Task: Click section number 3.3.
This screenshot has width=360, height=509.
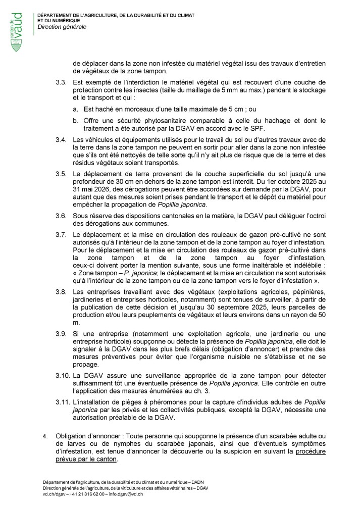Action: tap(62, 81)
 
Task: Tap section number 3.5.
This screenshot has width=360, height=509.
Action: tap(62, 174)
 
